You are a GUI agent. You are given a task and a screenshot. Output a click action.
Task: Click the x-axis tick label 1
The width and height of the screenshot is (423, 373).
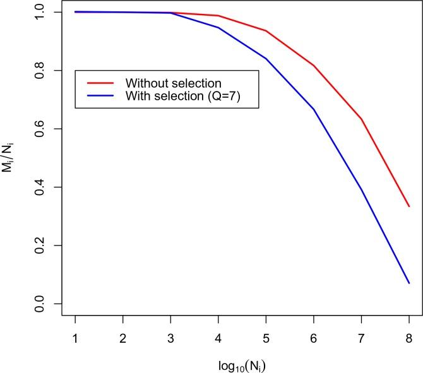point(76,338)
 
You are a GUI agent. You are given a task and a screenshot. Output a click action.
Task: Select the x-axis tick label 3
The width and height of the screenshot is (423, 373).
point(171,338)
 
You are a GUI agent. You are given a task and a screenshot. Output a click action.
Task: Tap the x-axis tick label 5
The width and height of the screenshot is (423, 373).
point(266,338)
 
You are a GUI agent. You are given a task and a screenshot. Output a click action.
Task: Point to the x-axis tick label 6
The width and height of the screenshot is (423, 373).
point(314,338)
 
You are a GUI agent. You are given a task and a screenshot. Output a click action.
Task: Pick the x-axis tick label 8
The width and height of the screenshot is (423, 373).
point(409,338)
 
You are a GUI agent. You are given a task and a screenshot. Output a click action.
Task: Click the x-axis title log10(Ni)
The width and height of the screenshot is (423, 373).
point(242,364)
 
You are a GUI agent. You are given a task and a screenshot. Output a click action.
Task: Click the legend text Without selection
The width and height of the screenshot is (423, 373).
point(173,83)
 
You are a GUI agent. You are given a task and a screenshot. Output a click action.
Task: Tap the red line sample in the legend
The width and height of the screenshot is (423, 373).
point(100,83)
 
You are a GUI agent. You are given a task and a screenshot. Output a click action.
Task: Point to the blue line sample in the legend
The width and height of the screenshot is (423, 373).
point(100,96)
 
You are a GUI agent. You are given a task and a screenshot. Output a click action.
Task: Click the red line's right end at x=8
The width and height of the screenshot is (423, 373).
point(409,206)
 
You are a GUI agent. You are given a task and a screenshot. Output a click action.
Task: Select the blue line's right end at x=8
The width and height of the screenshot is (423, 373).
point(409,283)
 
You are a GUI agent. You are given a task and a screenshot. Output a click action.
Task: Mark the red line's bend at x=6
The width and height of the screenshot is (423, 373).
point(314,66)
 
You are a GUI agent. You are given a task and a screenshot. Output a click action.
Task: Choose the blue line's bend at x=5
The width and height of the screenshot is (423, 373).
point(266,59)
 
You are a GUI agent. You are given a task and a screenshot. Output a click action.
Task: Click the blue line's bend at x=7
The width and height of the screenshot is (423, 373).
point(361,189)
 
